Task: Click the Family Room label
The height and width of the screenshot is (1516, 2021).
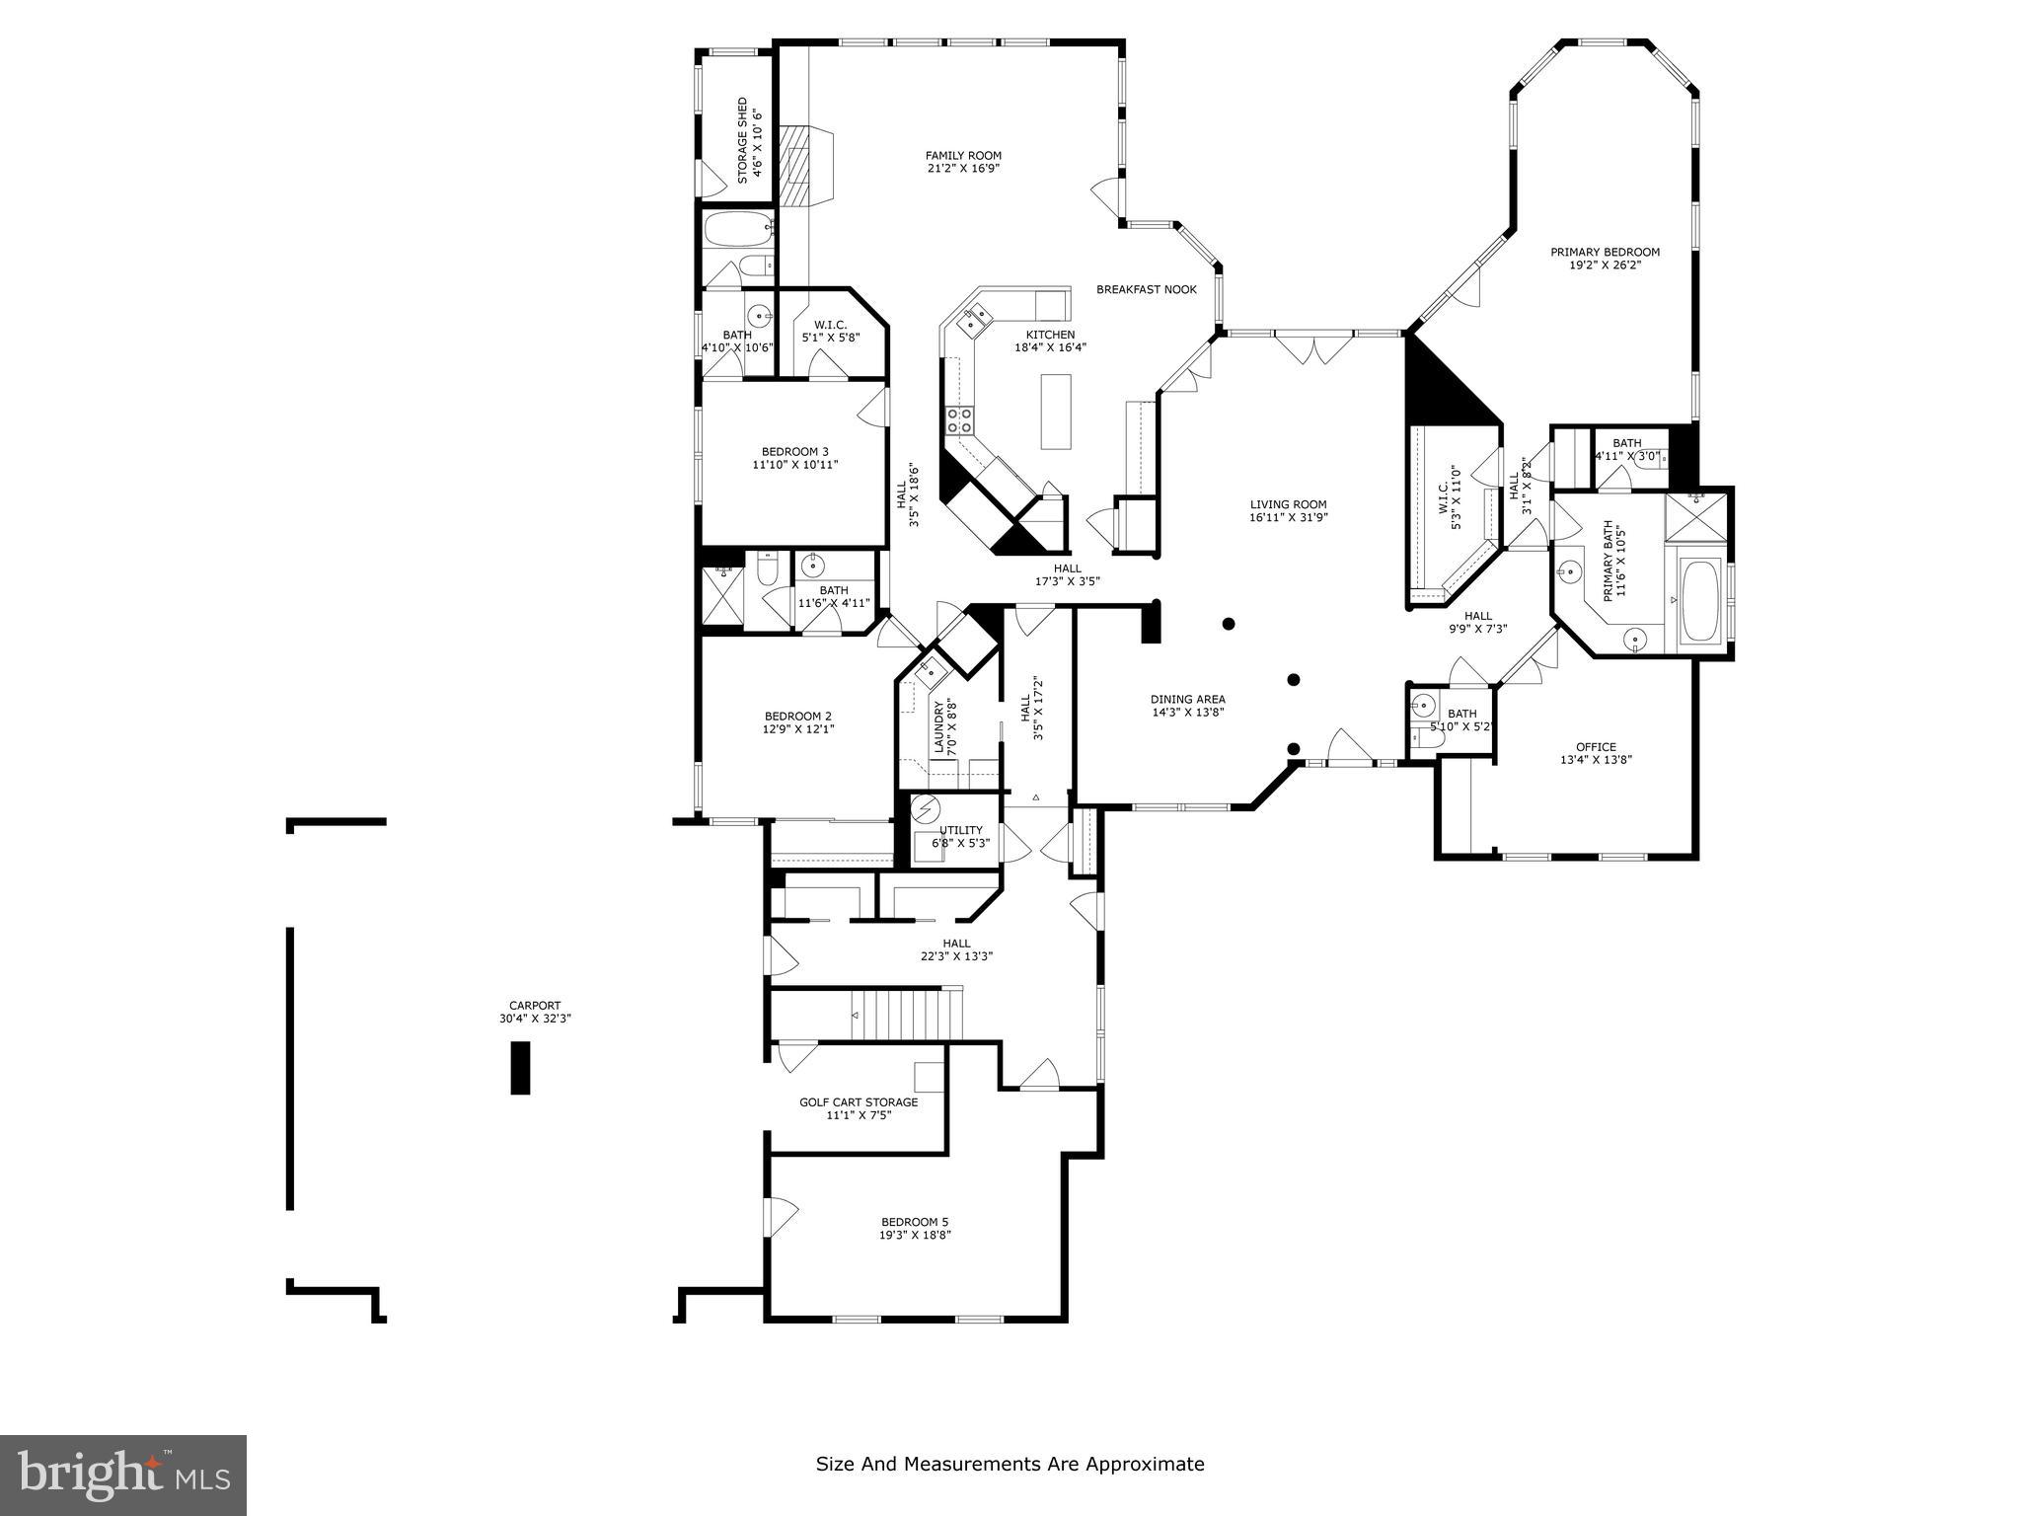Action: (963, 155)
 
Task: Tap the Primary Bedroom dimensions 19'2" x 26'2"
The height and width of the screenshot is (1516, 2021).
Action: (1605, 265)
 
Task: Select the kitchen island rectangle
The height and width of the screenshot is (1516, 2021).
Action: (1056, 411)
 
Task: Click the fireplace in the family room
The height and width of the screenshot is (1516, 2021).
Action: (795, 166)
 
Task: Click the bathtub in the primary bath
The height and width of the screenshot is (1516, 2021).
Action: (1699, 600)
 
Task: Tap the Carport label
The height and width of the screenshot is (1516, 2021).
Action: (535, 1006)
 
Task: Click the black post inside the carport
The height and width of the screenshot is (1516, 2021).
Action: (520, 1068)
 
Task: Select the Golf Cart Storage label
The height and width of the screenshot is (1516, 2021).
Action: (859, 1102)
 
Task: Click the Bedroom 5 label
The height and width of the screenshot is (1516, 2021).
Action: (915, 1221)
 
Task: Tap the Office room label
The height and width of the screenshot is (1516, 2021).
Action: (1596, 747)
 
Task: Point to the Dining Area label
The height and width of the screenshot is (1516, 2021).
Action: (1187, 699)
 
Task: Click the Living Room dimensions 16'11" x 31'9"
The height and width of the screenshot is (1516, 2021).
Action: (1289, 517)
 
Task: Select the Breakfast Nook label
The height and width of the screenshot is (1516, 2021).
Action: (1146, 289)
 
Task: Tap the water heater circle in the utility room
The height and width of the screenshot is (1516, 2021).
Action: (925, 809)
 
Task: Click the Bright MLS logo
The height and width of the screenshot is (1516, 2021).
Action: (123, 1476)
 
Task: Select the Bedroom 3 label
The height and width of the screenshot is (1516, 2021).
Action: (794, 451)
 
